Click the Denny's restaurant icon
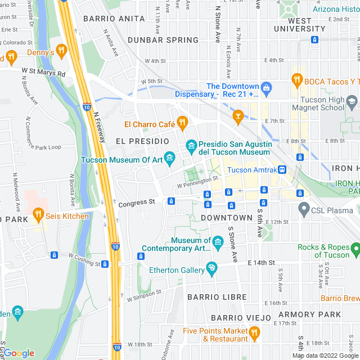coord(61,52)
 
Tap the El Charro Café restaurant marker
coord(182,122)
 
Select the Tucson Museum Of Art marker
coord(169,158)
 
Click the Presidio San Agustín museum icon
coord(191,146)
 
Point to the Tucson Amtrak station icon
coord(283,169)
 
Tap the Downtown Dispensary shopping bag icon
coord(267,87)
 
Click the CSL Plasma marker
coord(304,211)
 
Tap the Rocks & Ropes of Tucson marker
coord(354,247)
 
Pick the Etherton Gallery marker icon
coord(212,268)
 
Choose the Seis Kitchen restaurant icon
coord(38,214)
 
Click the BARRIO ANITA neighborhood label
coord(106,19)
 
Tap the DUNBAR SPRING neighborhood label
coord(163,40)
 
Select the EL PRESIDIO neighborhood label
coord(142,141)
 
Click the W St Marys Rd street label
coord(44,73)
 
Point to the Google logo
coord(19,353)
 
